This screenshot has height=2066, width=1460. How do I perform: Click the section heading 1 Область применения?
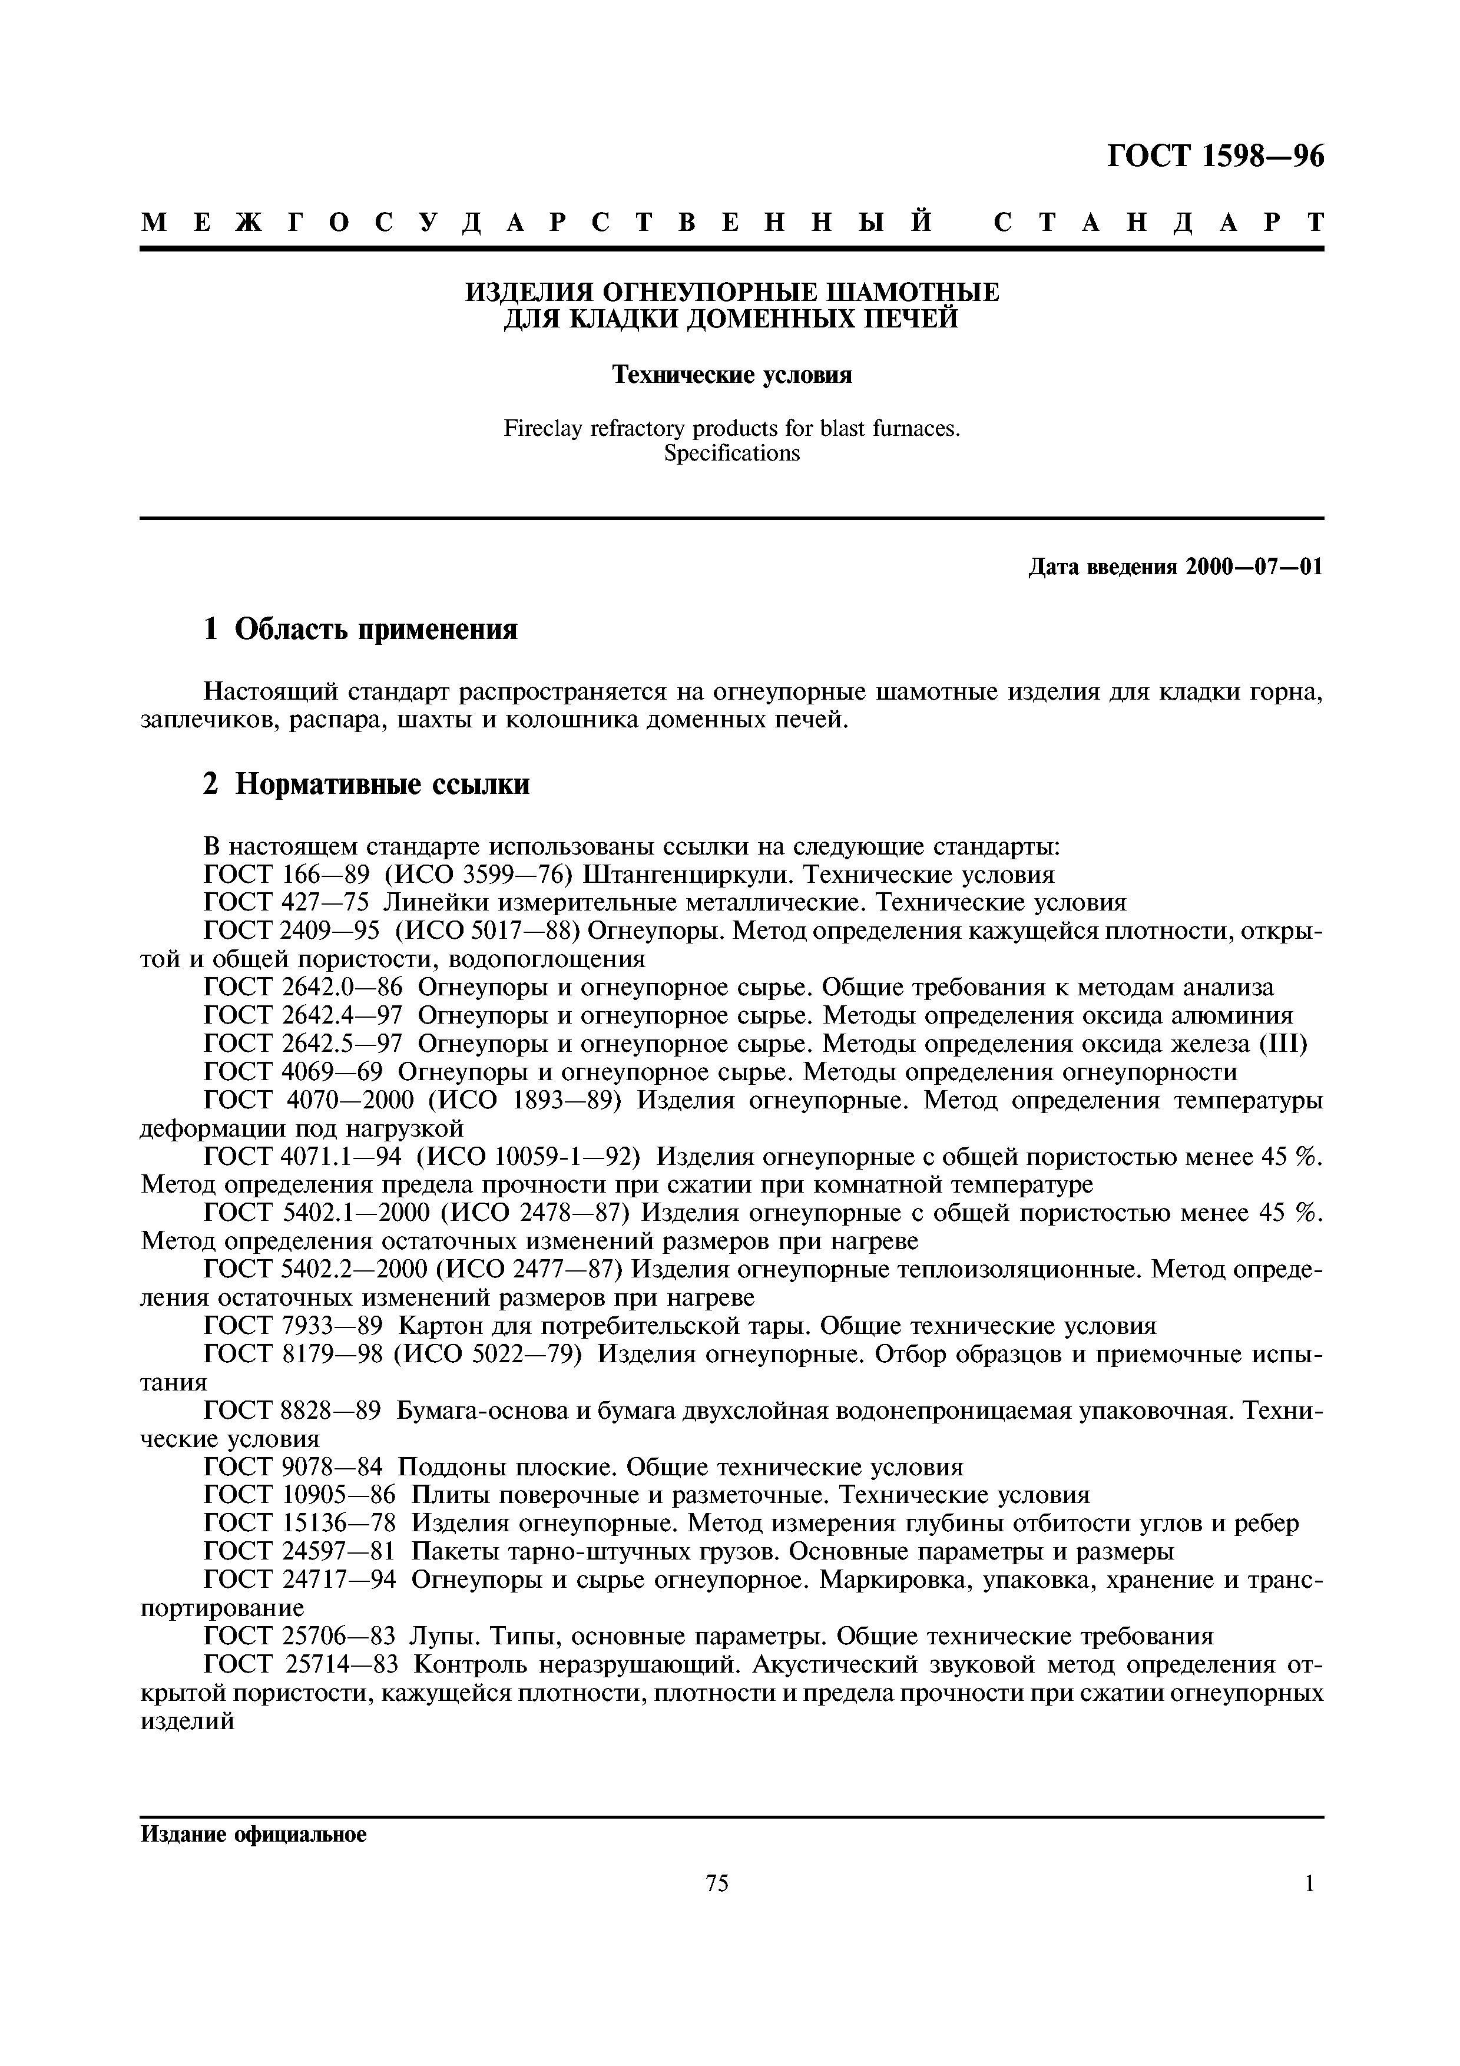pos(360,629)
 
